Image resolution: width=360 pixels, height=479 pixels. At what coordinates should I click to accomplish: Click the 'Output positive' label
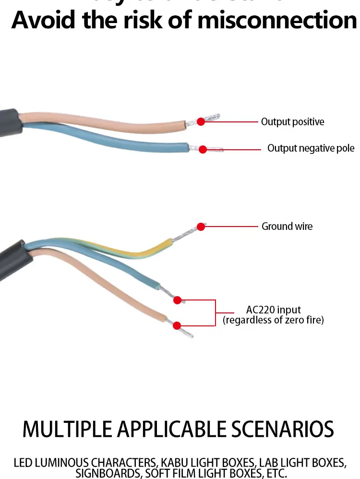pos(292,122)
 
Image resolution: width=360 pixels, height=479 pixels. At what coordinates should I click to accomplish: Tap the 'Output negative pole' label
pos(311,148)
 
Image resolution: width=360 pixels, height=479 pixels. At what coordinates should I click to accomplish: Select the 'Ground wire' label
pos(287,226)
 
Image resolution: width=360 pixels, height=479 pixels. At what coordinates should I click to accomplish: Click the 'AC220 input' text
pos(273,310)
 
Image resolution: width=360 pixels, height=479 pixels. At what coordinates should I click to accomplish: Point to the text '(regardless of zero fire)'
pos(273,320)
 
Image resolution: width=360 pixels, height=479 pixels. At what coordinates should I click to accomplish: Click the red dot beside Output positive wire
pos(201,122)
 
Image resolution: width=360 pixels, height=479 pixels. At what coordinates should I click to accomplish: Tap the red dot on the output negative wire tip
pos(203,149)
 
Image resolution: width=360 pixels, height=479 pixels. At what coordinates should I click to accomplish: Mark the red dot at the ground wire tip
pos(201,227)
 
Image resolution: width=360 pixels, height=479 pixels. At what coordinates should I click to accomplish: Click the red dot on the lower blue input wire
pos(177,300)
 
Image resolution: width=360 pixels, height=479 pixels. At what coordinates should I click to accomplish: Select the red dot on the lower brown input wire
pos(177,325)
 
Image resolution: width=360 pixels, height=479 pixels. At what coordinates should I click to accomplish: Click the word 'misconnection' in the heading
pos(277,21)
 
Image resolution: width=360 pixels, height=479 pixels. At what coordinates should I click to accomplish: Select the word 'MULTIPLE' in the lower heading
pos(67,429)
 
